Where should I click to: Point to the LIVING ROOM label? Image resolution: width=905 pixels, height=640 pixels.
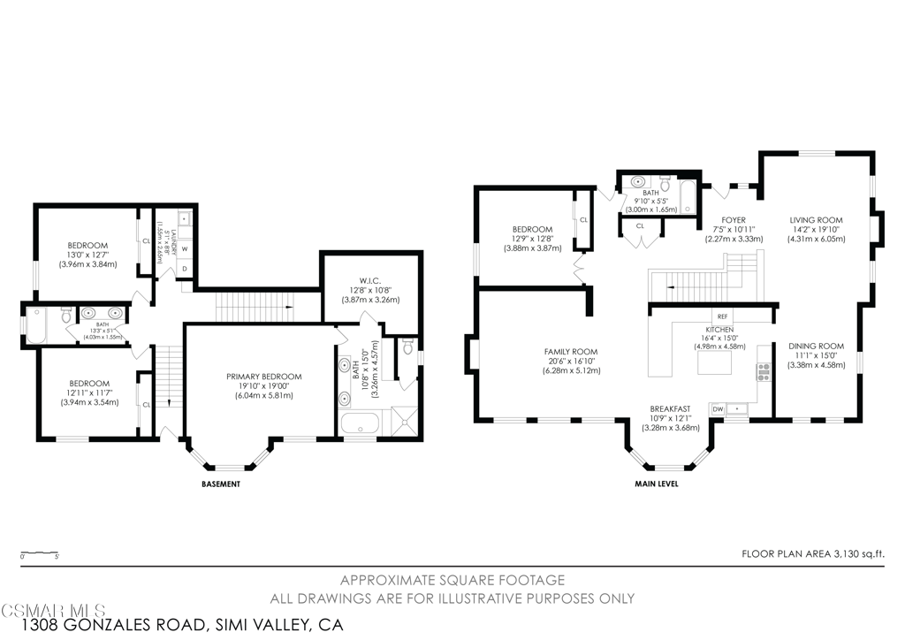[x=816, y=220]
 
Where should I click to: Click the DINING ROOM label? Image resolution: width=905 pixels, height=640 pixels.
[x=817, y=346]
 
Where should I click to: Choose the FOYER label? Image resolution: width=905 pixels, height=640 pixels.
[x=733, y=220]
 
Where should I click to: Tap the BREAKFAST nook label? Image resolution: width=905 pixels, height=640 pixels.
[x=671, y=408]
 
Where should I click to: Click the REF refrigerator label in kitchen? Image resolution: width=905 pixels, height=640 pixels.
[x=722, y=316]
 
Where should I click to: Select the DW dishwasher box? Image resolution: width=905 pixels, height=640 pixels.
[x=718, y=408]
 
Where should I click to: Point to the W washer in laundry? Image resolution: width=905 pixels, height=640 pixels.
[x=185, y=248]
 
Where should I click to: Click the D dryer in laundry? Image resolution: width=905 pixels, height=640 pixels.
[x=185, y=268]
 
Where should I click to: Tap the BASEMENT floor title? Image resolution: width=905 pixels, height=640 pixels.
[x=221, y=484]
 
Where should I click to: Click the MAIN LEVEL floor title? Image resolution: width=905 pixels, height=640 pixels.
[x=656, y=484]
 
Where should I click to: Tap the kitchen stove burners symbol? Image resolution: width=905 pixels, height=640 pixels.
[x=763, y=371]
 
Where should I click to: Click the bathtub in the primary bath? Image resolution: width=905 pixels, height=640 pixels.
[x=361, y=423]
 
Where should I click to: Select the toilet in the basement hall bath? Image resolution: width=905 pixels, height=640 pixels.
[x=66, y=315]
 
